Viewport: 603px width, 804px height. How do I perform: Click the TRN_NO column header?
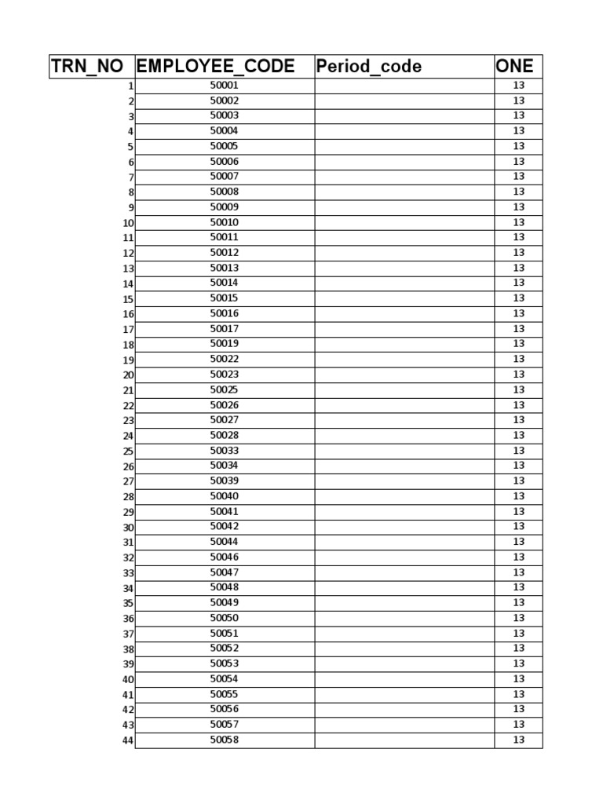87,67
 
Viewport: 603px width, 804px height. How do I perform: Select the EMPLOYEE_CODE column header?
216,67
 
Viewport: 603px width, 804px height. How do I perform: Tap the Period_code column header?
368,67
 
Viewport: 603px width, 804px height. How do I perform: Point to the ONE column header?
515,67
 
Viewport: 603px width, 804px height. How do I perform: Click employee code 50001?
225,86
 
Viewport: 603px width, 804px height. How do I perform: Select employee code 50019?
225,344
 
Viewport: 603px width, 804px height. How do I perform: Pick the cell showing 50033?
225,451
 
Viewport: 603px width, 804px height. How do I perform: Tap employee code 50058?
225,740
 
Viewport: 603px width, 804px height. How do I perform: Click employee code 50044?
225,542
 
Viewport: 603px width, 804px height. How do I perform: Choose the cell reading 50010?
225,222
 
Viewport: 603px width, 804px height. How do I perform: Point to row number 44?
128,741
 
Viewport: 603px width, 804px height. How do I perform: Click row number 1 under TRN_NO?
131,86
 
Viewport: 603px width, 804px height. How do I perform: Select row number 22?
128,406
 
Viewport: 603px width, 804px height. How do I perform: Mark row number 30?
128,528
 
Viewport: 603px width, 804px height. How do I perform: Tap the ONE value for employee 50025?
518,390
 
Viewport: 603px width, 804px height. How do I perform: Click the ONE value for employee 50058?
518,740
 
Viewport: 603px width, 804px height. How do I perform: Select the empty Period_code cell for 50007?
404,177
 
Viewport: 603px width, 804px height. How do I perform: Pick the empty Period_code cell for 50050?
404,618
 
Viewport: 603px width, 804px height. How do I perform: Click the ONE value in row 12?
518,253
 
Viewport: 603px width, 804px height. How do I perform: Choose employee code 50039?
225,481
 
